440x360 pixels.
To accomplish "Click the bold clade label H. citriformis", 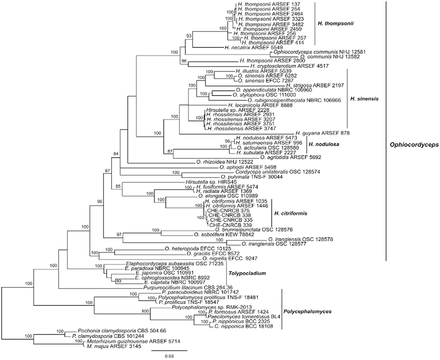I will point(290,214).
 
